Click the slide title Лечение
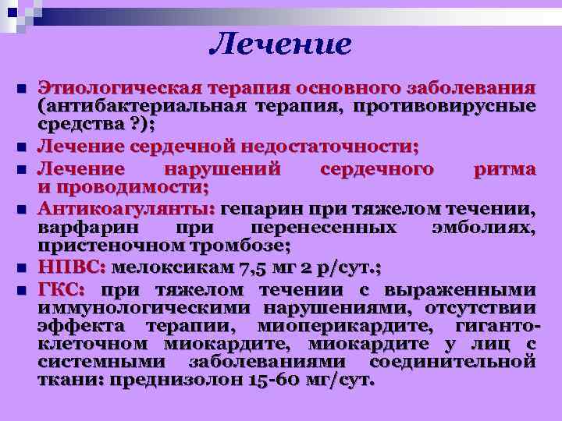click(x=280, y=44)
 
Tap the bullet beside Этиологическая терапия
click(x=20, y=87)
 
